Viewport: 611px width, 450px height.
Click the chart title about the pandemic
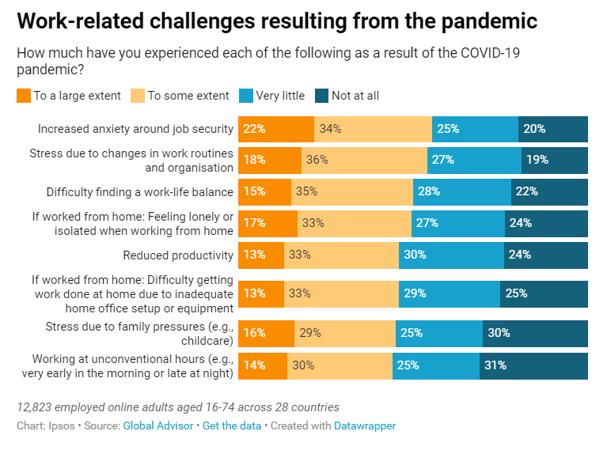pyautogui.click(x=276, y=21)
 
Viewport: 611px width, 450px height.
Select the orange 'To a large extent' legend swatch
pyautogui.click(x=23, y=96)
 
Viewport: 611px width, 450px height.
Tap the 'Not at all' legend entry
pyautogui.click(x=355, y=96)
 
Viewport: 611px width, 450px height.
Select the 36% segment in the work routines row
pyautogui.click(x=364, y=160)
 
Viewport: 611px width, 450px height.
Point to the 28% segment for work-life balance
pyautogui.click(x=462, y=191)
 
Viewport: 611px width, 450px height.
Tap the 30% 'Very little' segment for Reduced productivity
pyautogui.click(x=451, y=255)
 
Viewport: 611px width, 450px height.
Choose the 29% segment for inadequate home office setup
pyautogui.click(x=449, y=293)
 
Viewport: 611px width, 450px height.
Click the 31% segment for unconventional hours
pyautogui.click(x=533, y=365)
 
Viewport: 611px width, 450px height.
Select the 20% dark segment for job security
pyautogui.click(x=553, y=129)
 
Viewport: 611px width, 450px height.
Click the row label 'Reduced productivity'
pyautogui.click(x=178, y=255)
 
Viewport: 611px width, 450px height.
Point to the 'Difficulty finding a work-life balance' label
pyautogui.click(x=140, y=191)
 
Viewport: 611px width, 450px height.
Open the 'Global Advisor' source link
pyautogui.click(x=157, y=425)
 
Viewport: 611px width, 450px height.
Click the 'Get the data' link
pyautogui.click(x=231, y=425)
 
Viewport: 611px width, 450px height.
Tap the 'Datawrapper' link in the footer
pyautogui.click(x=365, y=425)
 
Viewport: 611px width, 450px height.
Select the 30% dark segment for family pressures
pyautogui.click(x=535, y=334)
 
